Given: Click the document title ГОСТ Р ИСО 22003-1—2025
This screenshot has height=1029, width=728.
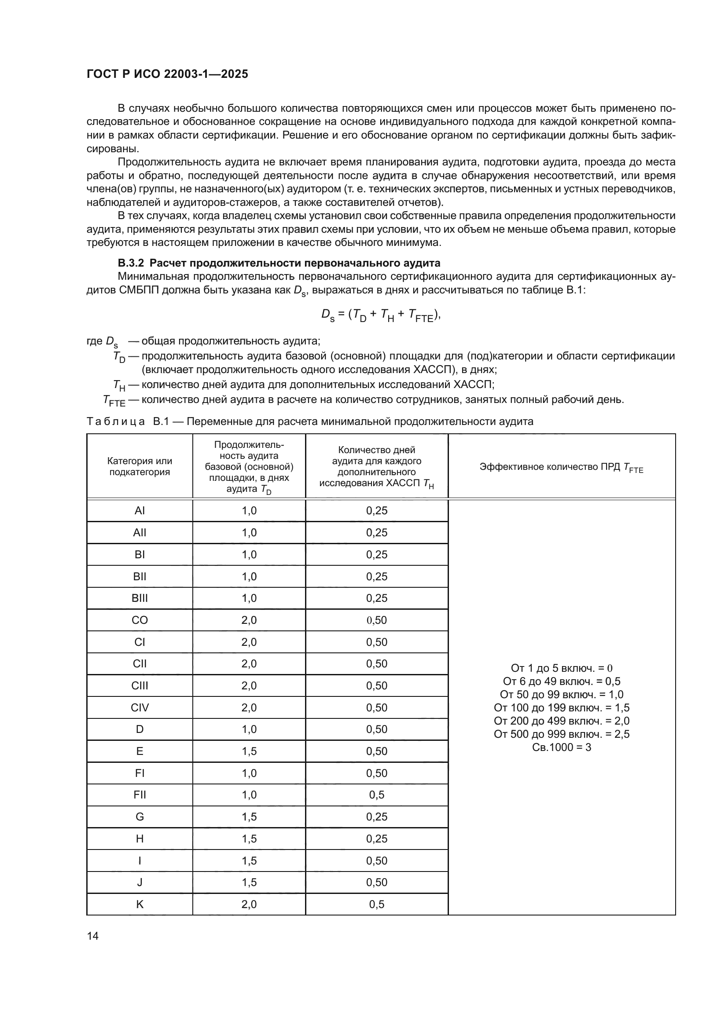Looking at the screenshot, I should [167, 74].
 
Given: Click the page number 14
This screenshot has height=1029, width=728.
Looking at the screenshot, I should [93, 936].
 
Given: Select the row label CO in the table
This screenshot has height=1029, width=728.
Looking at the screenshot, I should [140, 620].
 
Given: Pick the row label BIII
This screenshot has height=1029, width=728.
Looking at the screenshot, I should [140, 598].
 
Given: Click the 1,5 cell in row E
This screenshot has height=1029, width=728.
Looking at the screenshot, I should [249, 751].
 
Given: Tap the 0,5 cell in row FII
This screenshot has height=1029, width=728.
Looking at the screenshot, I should [377, 795].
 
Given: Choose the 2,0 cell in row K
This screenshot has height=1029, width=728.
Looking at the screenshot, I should [249, 904].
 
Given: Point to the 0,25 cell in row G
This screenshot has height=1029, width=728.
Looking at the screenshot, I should [377, 817].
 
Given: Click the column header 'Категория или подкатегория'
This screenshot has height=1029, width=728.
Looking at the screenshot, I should [140, 466].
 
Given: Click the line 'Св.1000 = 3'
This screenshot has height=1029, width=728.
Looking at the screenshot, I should [561, 747].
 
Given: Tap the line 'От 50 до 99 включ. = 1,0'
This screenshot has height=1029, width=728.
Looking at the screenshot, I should [561, 695].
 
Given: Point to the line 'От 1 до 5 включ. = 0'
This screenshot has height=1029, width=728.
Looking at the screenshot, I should [561, 668].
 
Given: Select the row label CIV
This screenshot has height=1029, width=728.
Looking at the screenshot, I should [140, 708].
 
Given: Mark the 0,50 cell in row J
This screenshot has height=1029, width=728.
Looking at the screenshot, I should [377, 883].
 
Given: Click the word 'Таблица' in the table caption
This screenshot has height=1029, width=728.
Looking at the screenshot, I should [116, 422].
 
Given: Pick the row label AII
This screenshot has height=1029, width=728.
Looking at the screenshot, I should [140, 533].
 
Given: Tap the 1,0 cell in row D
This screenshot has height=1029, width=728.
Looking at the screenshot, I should [249, 729].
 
